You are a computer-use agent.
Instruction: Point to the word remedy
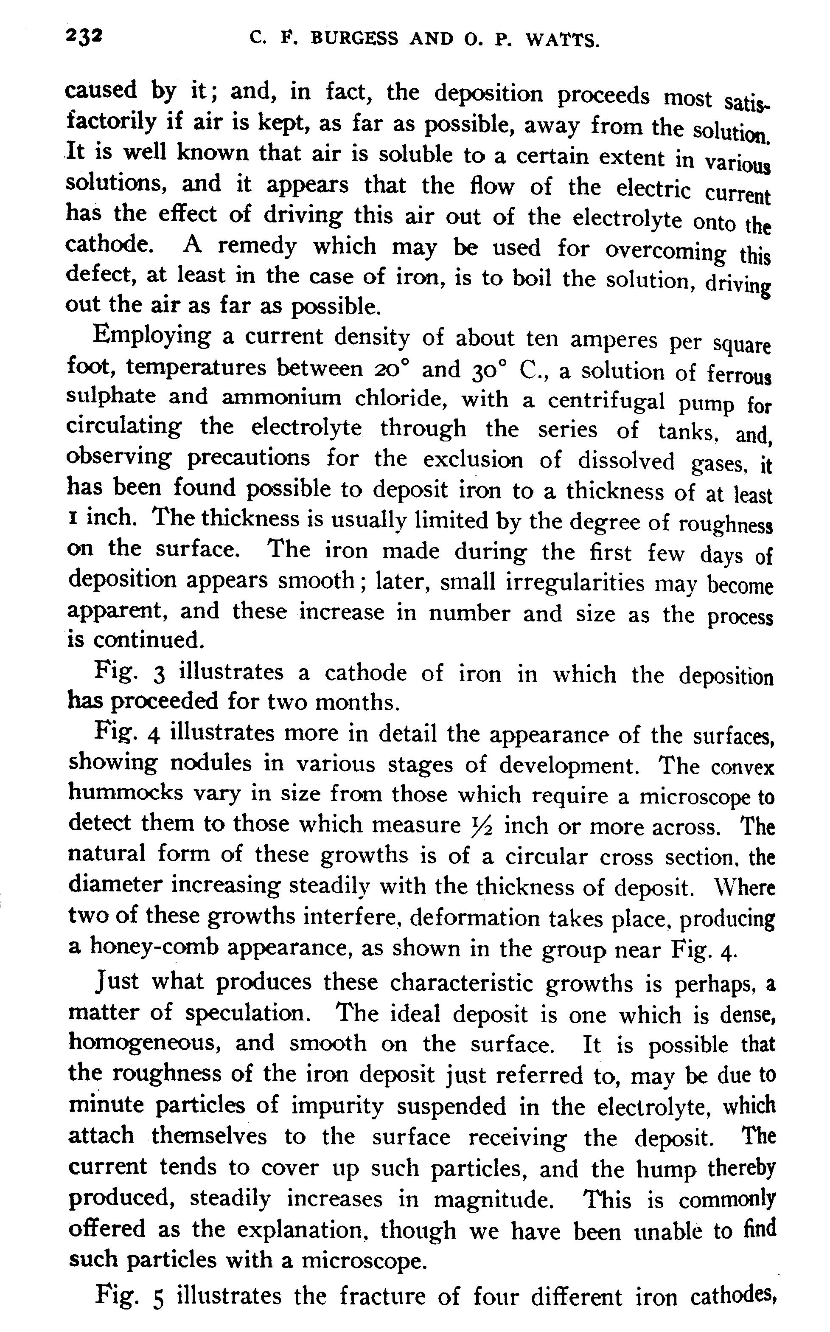256,247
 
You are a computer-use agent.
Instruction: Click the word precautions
249,458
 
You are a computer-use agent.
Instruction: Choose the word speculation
245,1013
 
